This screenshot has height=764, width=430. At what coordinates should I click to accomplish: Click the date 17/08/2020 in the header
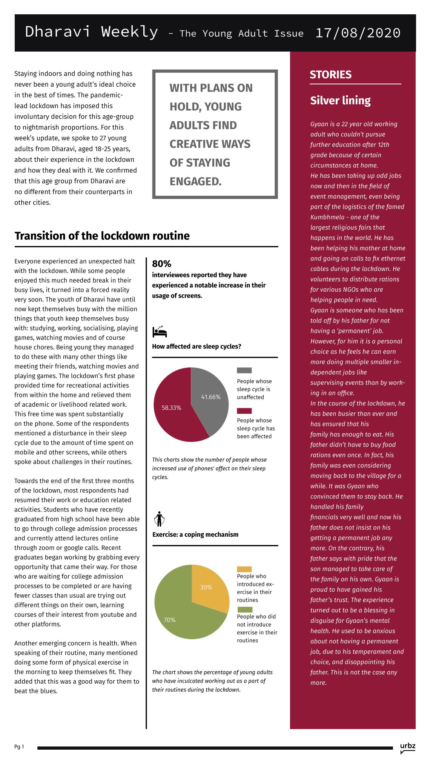point(358,33)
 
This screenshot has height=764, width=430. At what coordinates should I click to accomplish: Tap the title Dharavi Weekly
point(91,32)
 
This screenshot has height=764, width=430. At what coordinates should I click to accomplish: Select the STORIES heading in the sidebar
point(330,75)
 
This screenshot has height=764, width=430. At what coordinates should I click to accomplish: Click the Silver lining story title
point(340,101)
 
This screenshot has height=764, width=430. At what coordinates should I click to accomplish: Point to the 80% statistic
point(161,264)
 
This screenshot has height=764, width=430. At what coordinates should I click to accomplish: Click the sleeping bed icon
point(160,331)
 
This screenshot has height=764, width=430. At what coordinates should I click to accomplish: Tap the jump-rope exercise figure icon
point(159,519)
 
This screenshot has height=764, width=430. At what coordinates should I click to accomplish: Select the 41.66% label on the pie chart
point(211,397)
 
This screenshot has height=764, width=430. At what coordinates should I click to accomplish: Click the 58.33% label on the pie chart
point(171,408)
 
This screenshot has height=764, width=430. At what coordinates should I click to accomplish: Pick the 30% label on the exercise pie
point(206,587)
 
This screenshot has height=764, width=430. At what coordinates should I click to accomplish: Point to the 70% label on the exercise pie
point(169,620)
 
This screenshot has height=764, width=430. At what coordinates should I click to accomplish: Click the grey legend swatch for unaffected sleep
point(244,371)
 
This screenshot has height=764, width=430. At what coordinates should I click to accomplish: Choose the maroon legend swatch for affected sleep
point(244,411)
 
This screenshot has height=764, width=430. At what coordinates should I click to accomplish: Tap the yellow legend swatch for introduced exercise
point(244,569)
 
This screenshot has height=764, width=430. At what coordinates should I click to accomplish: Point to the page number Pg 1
point(19,747)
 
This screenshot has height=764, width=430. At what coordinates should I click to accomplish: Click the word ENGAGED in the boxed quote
point(195,182)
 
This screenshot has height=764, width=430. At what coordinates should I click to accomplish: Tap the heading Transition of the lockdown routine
point(102,236)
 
